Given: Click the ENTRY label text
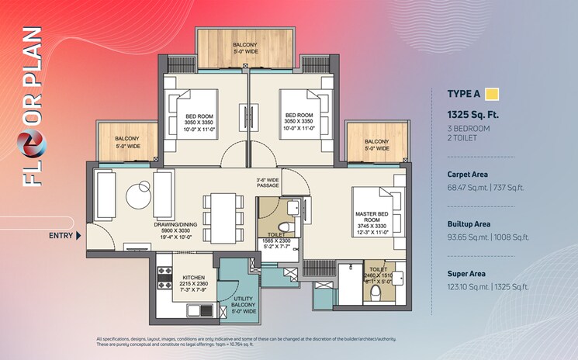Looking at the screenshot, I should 61,235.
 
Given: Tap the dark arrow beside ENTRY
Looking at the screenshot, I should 79,235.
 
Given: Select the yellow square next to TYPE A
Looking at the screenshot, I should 492,95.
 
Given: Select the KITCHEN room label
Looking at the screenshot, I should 194,277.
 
